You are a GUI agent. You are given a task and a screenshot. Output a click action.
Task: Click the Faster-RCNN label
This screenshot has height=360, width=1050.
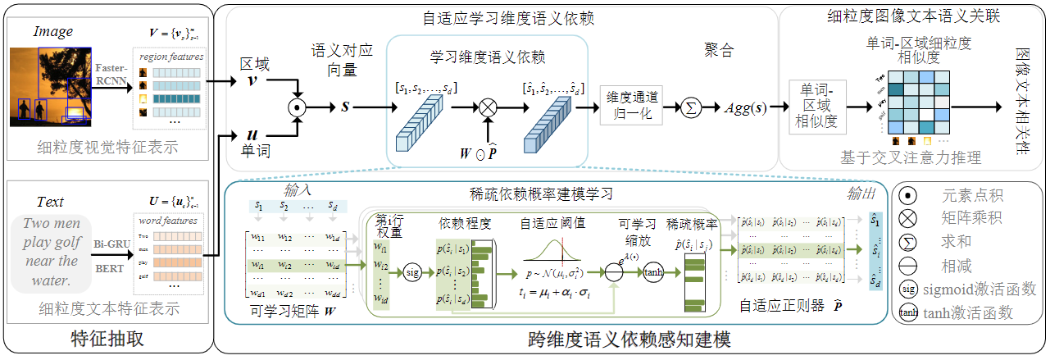coord(109,74)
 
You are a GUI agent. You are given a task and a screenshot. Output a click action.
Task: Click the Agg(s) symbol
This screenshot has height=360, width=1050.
coord(745,107)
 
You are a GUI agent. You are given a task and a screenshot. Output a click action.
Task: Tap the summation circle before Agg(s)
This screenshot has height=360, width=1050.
coord(691,107)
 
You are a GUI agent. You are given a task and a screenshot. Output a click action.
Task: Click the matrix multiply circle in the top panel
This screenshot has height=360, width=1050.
coord(489,107)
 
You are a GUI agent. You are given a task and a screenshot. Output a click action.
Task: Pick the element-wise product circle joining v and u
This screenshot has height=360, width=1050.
coord(297,107)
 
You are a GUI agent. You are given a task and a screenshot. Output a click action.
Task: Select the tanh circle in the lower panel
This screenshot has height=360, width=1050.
coord(653,272)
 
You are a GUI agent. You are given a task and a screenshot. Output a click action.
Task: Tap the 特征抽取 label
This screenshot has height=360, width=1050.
coord(106,339)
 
